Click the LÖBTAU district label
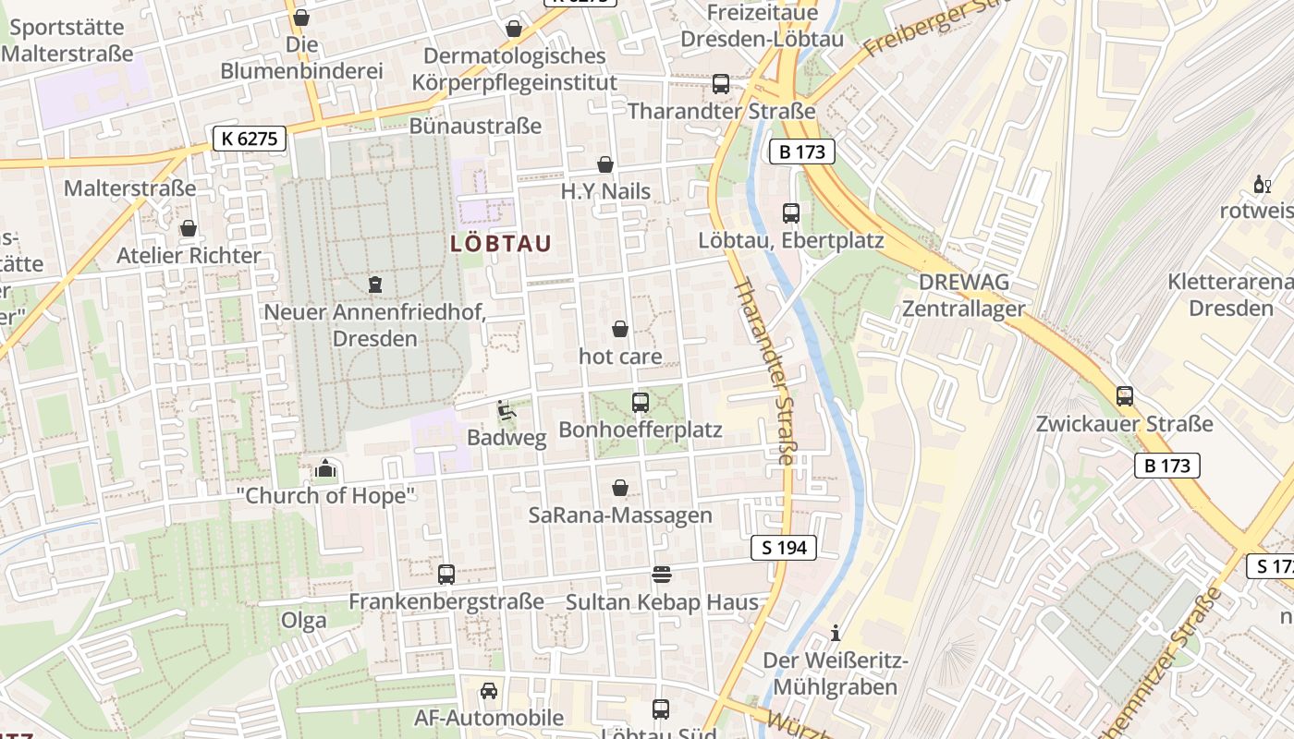click(501, 244)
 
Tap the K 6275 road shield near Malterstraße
click(249, 139)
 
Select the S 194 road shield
click(784, 548)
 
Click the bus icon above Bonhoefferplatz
click(640, 403)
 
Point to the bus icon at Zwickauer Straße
click(1124, 396)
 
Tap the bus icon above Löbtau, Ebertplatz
click(791, 213)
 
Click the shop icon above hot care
click(620, 329)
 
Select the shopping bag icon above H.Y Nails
click(605, 164)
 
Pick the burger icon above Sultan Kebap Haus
click(662, 575)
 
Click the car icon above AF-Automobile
click(489, 690)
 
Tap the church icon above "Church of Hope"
click(325, 468)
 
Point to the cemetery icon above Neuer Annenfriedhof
click(375, 284)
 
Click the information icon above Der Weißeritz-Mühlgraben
click(836, 633)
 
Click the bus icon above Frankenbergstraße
click(446, 575)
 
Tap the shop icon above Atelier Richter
click(189, 228)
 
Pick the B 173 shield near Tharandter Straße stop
click(801, 151)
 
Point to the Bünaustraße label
click(475, 126)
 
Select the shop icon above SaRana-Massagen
click(620, 488)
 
